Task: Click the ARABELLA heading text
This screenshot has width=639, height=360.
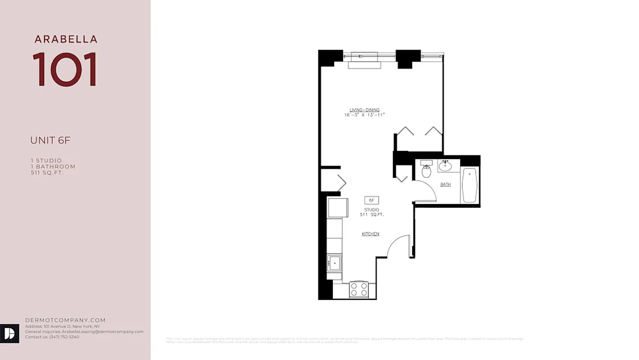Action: pyautogui.click(x=66, y=40)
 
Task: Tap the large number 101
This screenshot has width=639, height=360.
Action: pyautogui.click(x=65, y=69)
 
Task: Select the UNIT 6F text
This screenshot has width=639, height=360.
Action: pyautogui.click(x=50, y=140)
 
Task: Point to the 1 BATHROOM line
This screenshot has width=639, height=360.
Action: pyautogui.click(x=53, y=166)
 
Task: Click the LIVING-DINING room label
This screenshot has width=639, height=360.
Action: pyautogui.click(x=365, y=110)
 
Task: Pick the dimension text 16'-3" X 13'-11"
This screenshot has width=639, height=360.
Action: pyautogui.click(x=365, y=115)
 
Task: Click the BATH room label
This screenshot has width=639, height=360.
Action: pyautogui.click(x=445, y=184)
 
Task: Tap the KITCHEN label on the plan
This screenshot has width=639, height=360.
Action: pyautogui.click(x=371, y=234)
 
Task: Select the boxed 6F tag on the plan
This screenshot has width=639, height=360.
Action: pyautogui.click(x=371, y=200)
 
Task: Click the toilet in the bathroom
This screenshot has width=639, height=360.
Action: pyautogui.click(x=426, y=170)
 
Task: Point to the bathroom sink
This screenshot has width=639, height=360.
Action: pyautogui.click(x=445, y=166)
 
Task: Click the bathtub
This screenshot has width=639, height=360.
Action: pyautogui.click(x=470, y=185)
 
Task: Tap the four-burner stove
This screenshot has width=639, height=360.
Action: pyautogui.click(x=359, y=289)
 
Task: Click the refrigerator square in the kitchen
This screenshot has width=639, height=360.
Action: pyautogui.click(x=337, y=208)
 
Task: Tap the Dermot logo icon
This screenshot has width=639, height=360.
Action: pyautogui.click(x=10, y=333)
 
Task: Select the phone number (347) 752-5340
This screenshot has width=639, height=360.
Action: pyautogui.click(x=64, y=337)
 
